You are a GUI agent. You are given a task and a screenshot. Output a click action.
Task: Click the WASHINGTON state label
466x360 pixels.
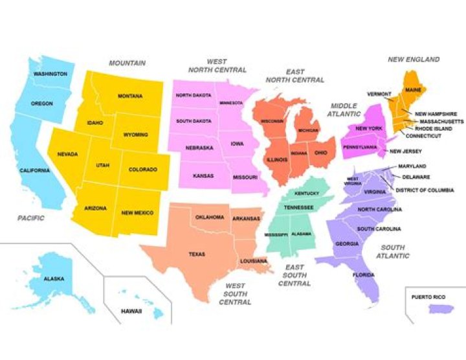click(x=50, y=74)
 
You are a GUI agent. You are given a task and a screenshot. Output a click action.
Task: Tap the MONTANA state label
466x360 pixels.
click(x=130, y=96)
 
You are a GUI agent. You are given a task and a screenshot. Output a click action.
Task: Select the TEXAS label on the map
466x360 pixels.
click(x=197, y=254)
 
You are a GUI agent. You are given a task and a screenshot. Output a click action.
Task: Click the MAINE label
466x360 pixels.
click(x=414, y=89)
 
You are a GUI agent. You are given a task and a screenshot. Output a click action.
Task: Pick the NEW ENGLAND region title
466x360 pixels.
click(x=413, y=60)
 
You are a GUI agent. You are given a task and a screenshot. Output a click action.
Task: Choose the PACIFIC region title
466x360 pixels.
click(x=31, y=218)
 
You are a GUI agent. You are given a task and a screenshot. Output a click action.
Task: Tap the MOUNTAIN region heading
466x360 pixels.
click(x=127, y=63)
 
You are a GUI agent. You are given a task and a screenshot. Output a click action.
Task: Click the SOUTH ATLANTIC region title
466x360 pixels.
click(x=394, y=251)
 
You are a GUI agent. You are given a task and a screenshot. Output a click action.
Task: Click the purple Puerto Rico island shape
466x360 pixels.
click(x=438, y=310)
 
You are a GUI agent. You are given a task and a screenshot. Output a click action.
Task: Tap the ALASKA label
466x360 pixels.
click(x=54, y=278)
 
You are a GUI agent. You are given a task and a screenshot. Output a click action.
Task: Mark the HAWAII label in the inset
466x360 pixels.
click(x=131, y=311)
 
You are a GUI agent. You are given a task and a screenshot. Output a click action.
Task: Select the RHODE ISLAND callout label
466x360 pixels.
click(x=434, y=129)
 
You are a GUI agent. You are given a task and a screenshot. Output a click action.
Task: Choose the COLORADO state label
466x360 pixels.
click(x=143, y=170)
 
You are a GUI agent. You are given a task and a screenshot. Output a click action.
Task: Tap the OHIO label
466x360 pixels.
click(x=322, y=153)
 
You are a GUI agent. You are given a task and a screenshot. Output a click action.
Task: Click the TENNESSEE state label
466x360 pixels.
click(x=299, y=207)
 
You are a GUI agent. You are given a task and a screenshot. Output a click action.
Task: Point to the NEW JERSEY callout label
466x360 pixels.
click(x=406, y=152)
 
